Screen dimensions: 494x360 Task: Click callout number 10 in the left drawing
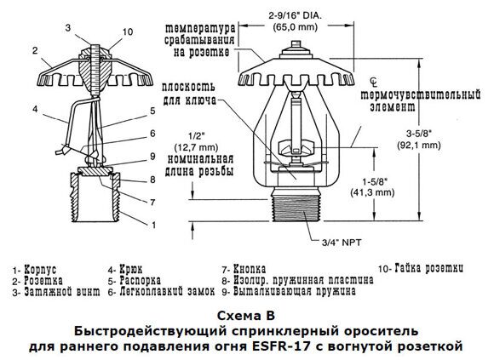[128, 31]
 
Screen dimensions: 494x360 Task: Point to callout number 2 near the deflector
[35, 50]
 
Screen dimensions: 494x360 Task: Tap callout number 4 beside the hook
[35, 109]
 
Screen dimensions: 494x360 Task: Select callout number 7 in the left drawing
[152, 202]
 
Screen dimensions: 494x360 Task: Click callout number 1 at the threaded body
[154, 225]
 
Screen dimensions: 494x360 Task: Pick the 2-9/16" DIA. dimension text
[296, 15]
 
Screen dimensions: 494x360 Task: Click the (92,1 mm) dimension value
[419, 145]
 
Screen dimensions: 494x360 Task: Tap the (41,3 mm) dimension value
[372, 192]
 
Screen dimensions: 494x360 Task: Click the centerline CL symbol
[374, 83]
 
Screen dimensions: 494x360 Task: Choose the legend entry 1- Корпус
[34, 270]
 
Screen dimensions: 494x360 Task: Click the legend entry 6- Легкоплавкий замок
[161, 291]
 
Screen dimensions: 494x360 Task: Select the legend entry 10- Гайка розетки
[421, 268]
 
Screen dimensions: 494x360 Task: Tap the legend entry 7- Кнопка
[244, 269]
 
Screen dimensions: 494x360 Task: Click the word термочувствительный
[421, 94]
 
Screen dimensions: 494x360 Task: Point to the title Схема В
[246, 315]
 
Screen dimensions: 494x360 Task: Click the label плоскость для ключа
[189, 94]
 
